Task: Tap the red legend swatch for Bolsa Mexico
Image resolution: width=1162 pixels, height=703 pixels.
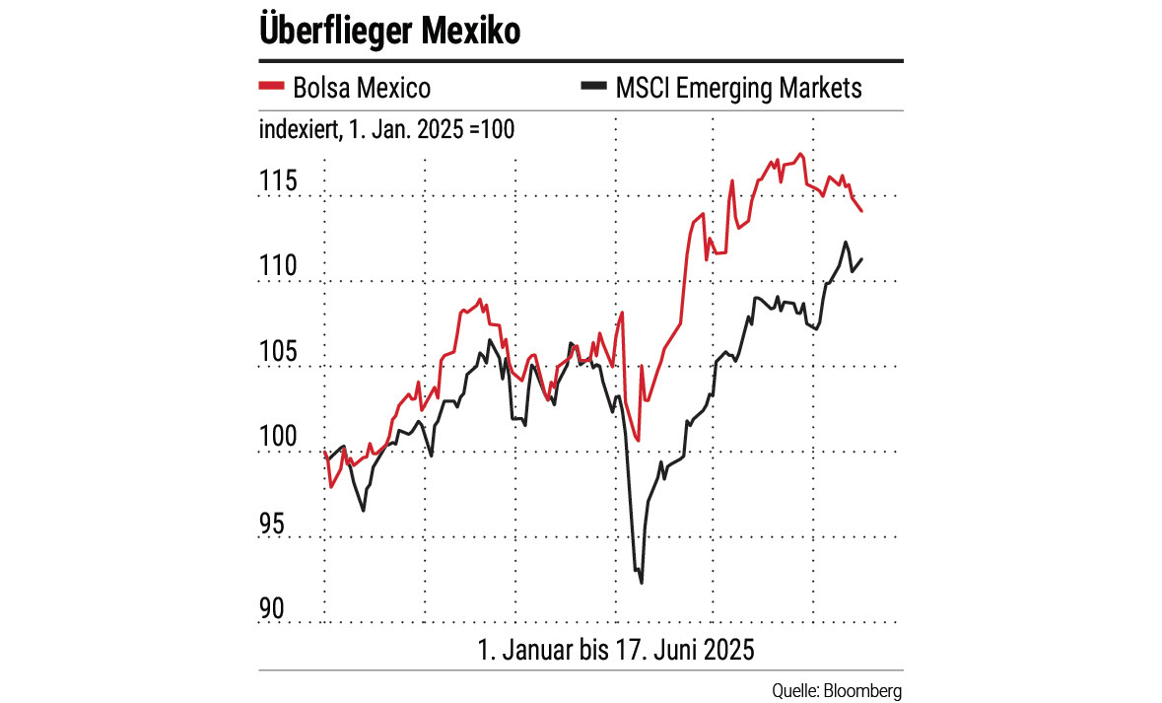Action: [272, 87]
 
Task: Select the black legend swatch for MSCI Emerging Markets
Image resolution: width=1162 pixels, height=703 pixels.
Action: [591, 87]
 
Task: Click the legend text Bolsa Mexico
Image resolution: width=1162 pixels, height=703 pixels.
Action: [362, 88]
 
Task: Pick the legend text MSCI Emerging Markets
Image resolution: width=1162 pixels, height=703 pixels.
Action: [739, 88]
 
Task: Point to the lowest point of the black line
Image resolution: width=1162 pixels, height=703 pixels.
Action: [642, 583]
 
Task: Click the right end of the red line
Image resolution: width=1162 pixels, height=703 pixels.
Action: [862, 211]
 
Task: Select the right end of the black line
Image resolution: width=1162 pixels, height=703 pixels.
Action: [862, 259]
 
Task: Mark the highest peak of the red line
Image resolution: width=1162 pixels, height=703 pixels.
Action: [799, 154]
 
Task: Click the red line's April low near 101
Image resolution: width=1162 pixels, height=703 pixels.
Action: [639, 441]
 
